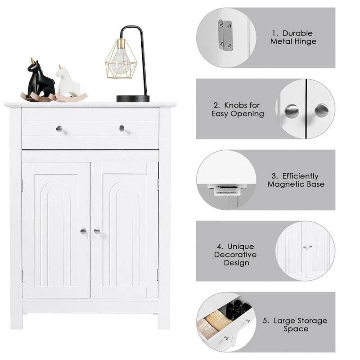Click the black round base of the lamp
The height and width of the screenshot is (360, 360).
pos(133,99)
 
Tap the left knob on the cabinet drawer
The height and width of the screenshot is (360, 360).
pos(59,129)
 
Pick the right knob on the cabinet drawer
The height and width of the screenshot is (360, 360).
pos(121,128)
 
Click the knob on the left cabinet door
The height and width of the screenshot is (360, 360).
pos(83,231)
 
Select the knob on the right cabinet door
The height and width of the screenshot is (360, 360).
pos(97,231)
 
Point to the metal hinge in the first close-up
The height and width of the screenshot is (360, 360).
pos(225,35)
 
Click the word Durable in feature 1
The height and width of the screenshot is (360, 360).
pos(298,33)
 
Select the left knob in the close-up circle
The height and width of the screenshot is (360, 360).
pos(292,111)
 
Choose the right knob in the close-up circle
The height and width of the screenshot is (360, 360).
pos(321,110)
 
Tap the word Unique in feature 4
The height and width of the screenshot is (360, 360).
pos(241,247)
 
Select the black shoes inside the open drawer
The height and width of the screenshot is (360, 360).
pos(238,309)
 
